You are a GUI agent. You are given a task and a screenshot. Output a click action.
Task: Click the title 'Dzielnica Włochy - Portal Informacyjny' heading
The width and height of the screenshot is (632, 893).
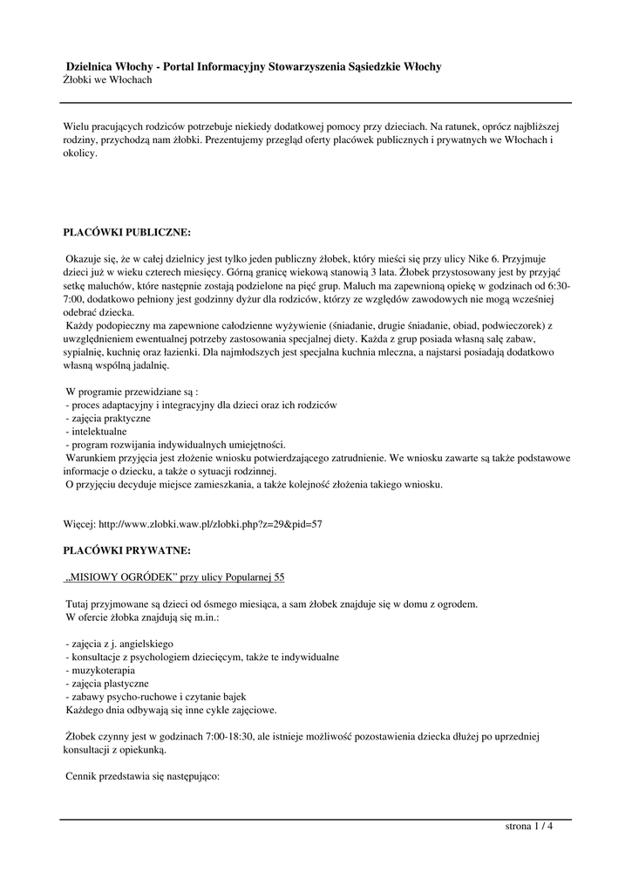254,66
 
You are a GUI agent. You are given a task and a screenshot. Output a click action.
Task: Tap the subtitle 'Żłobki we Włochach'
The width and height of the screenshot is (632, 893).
109,80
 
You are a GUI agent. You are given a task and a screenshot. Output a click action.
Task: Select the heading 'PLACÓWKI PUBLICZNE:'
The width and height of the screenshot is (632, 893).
126,234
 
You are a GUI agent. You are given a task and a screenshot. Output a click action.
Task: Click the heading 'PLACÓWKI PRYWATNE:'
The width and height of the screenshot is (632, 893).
126,551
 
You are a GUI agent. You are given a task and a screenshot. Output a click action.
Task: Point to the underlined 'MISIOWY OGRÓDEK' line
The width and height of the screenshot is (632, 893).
174,577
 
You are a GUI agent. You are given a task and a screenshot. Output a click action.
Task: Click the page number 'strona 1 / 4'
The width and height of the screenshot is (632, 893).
529,827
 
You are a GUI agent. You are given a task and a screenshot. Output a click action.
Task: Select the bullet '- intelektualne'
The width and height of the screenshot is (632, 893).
96,432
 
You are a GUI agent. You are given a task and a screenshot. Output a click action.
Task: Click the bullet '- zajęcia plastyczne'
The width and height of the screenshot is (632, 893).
107,683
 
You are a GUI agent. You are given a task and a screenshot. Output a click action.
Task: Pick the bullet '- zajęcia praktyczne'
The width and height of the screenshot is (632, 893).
107,419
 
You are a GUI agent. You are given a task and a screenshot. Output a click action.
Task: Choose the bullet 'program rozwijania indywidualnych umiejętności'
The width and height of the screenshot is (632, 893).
170,445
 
